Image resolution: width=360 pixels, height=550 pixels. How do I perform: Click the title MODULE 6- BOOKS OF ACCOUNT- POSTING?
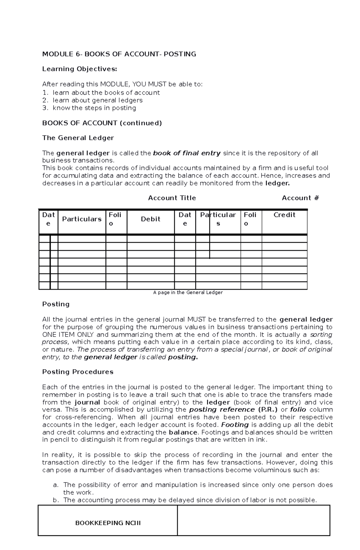pyautogui.click(x=119, y=54)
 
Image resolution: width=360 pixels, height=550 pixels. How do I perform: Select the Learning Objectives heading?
pyautogui.click(x=79, y=69)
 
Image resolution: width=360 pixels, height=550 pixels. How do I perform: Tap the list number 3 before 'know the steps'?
pyautogui.click(x=45, y=108)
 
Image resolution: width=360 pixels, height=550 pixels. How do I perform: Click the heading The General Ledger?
pyautogui.click(x=78, y=138)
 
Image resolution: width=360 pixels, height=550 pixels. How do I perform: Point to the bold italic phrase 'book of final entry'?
pyautogui.click(x=187, y=153)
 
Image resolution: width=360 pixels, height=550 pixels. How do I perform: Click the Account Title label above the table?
pyautogui.click(x=172, y=198)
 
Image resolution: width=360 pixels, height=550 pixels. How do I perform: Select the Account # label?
pyautogui.click(x=300, y=198)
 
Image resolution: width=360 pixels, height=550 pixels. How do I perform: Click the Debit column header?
pyautogui.click(x=151, y=219)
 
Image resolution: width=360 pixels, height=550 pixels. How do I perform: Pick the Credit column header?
pyautogui.click(x=284, y=215)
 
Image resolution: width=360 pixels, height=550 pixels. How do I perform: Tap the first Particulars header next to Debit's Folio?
pyautogui.click(x=82, y=219)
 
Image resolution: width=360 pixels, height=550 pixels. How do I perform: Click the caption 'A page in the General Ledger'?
pyautogui.click(x=188, y=292)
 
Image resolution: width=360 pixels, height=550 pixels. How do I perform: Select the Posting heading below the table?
pyautogui.click(x=56, y=304)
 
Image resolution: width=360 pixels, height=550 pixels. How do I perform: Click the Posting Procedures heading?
pyautogui.click(x=78, y=372)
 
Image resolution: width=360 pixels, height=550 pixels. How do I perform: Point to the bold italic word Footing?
pyautogui.click(x=235, y=425)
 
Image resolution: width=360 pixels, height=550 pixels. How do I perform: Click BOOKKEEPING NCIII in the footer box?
pyautogui.click(x=108, y=523)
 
